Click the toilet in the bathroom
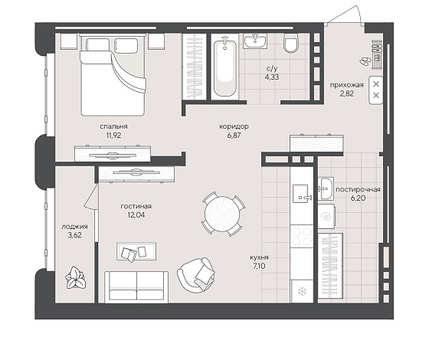pyautogui.click(x=290, y=43)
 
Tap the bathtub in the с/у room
pyautogui.click(x=225, y=67)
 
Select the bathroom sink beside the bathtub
pyautogui.click(x=255, y=41)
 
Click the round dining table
pyautogui.click(x=223, y=214)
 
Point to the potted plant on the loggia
pyautogui.click(x=75, y=277)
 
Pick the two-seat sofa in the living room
pyautogui.click(x=136, y=287)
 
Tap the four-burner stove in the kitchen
pyautogui.click(x=302, y=236)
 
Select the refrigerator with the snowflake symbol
pyautogui.click(x=302, y=291)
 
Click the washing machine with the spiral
pyautogui.click(x=326, y=217)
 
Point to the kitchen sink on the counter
pyautogui.click(x=302, y=193)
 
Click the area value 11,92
pyautogui.click(x=113, y=135)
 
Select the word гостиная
pyautogui.click(x=136, y=206)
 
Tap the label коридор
pyautogui.click(x=234, y=126)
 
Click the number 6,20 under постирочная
pyautogui.click(x=359, y=198)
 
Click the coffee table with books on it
pyautogui.click(x=136, y=251)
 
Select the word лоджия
pyautogui.click(x=74, y=227)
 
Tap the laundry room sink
pyautogui.click(x=326, y=188)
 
